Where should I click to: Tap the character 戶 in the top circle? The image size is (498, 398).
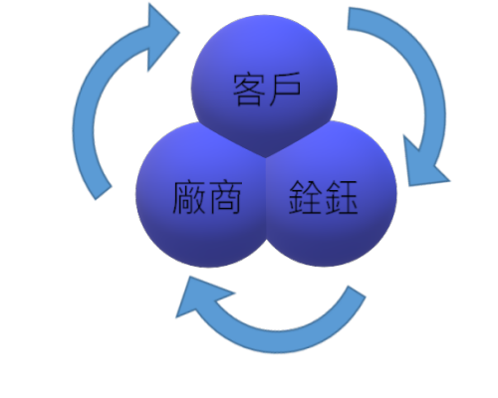[x=285, y=89]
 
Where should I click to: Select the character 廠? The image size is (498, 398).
[x=189, y=197]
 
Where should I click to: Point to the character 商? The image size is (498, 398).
[x=225, y=197]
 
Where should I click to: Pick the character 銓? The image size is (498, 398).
[x=306, y=197]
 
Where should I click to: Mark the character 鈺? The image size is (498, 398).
[x=341, y=197]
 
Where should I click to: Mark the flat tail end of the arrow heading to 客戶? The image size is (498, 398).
[x=104, y=193]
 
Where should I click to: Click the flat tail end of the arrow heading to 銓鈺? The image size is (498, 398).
[x=349, y=19]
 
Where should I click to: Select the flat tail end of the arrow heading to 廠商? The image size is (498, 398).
[x=358, y=292]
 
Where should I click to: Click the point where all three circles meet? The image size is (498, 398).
[x=265, y=157]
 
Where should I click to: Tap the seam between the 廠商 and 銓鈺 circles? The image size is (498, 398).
[x=266, y=199]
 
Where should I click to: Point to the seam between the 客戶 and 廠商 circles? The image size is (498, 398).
[x=232, y=139]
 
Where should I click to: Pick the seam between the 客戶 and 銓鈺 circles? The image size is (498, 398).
[x=299, y=138]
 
